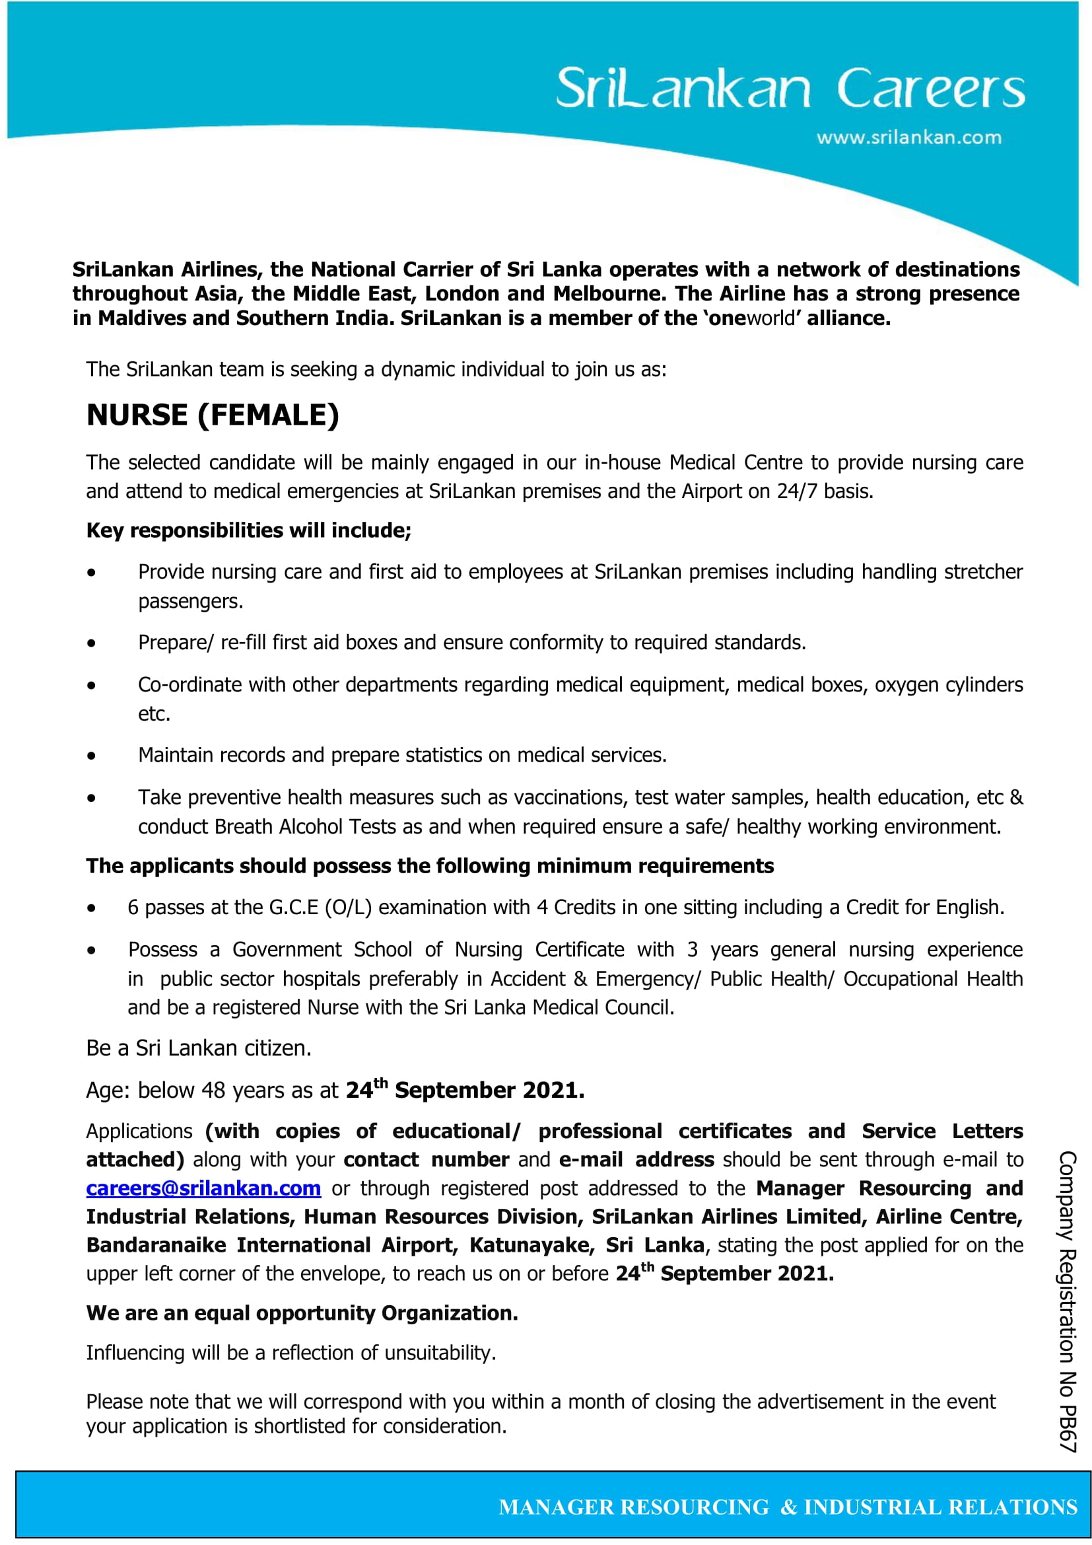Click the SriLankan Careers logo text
pos(790,88)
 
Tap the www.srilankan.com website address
pos(909,137)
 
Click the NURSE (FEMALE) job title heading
pos(213,415)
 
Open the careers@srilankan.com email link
pos(203,1188)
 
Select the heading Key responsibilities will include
pos(248,530)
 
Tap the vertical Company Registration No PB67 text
pos(1068,1301)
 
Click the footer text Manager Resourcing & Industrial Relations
pos(788,1507)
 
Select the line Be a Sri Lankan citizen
pos(198,1048)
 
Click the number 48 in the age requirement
pos(213,1090)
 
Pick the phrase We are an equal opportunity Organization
pos(302,1313)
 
